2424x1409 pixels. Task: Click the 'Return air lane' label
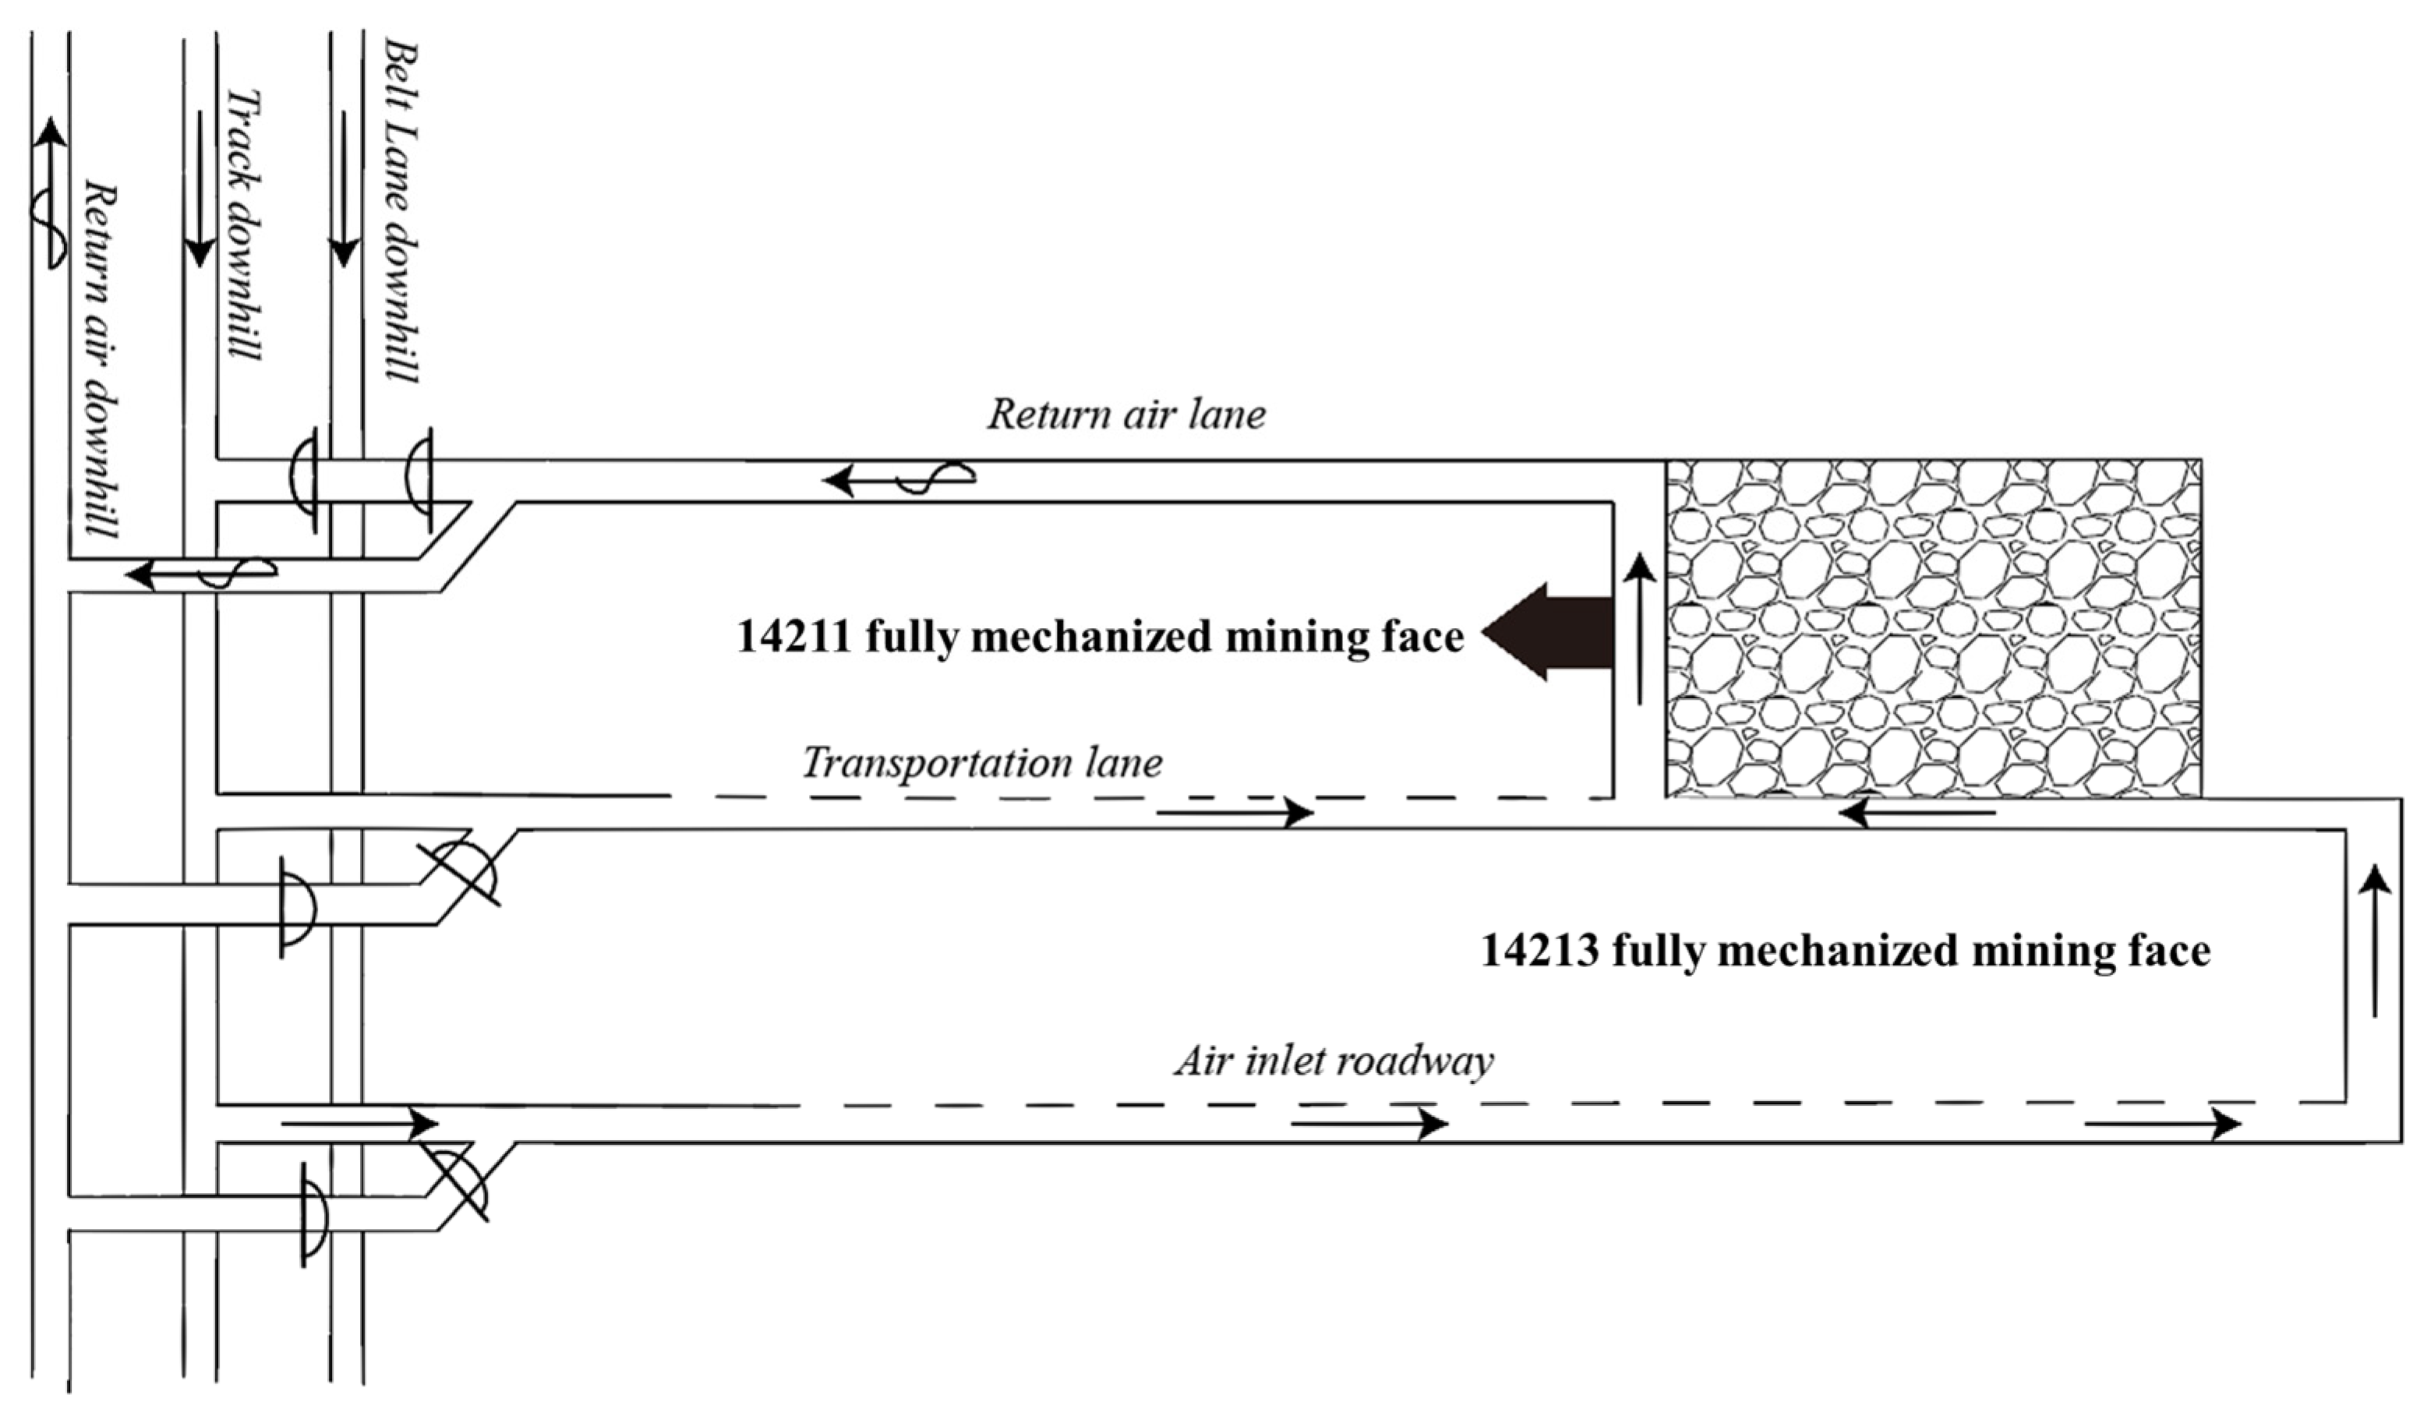click(x=1126, y=415)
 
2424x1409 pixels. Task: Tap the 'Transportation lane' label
click(x=982, y=763)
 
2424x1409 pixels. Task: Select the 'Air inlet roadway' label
click(x=1333, y=1061)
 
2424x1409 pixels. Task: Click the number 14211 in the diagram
click(x=793, y=637)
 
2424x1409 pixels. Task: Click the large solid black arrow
click(x=1549, y=632)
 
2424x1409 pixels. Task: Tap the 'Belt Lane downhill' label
click(x=401, y=212)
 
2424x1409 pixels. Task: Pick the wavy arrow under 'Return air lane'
click(x=899, y=477)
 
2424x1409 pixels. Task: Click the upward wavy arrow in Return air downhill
click(x=49, y=192)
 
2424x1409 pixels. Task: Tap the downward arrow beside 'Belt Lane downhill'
click(x=344, y=189)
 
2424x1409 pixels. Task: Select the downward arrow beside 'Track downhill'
click(x=200, y=189)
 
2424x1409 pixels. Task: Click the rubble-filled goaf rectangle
click(x=1934, y=628)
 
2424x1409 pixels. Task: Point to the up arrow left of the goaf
click(x=1640, y=630)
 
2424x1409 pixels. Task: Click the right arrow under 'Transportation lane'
click(x=1235, y=814)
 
